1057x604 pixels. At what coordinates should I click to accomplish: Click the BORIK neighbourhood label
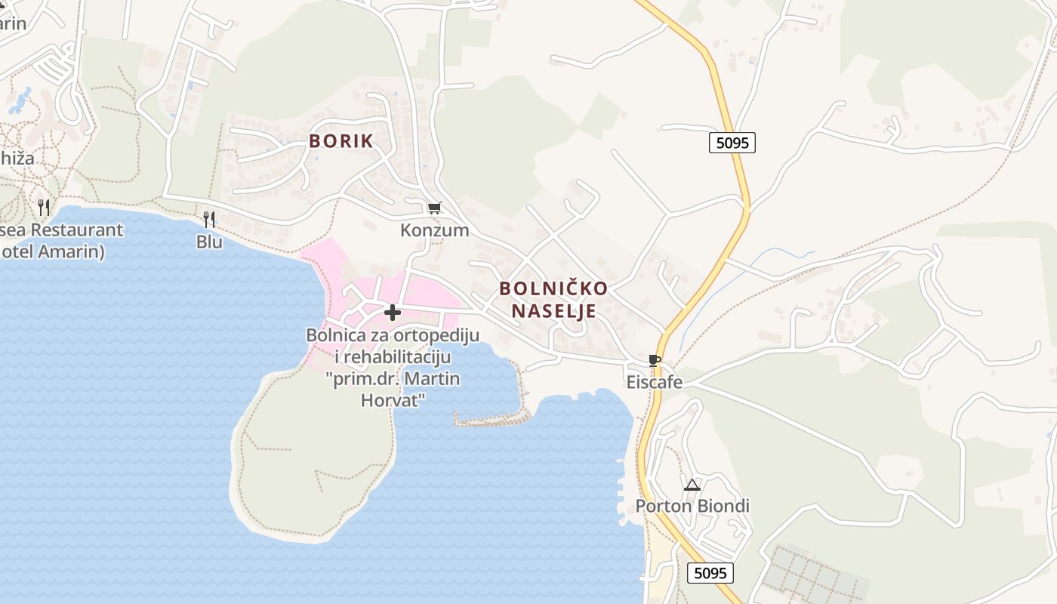[341, 141]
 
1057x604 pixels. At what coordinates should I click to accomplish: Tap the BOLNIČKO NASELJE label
[553, 300]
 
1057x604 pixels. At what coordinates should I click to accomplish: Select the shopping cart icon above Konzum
[434, 208]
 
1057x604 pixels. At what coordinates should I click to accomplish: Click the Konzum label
[434, 230]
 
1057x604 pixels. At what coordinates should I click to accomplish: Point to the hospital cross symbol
[392, 312]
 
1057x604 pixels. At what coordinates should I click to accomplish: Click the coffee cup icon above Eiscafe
[655, 360]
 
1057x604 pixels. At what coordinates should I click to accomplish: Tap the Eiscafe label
[655, 382]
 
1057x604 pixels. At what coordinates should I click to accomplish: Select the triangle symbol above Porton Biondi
[692, 485]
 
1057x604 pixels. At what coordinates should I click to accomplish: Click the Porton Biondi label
[692, 506]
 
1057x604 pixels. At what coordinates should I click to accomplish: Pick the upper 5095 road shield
[732, 142]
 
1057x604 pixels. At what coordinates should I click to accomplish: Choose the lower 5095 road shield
[710, 573]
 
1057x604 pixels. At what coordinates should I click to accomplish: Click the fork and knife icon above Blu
[209, 219]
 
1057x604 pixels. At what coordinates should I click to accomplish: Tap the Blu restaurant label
[209, 242]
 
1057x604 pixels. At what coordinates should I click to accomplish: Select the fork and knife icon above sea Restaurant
[44, 207]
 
